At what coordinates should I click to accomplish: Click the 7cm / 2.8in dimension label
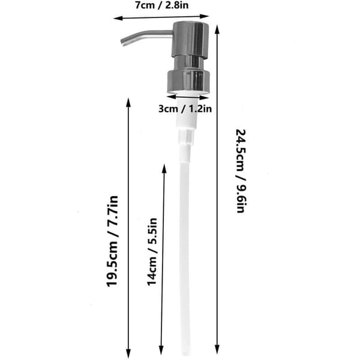[161, 5]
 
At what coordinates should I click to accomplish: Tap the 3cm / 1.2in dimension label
[185, 109]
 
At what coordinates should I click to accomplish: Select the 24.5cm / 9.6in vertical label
[241, 171]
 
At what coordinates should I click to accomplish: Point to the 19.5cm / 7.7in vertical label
[112, 241]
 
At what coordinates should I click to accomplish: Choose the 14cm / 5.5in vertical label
[152, 251]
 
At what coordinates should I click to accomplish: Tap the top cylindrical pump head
[190, 39]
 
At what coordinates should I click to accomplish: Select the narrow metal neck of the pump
[189, 64]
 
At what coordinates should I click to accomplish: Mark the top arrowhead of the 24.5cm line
[217, 29]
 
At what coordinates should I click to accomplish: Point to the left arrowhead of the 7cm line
[117, 18]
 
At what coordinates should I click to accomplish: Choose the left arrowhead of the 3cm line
[171, 97]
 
